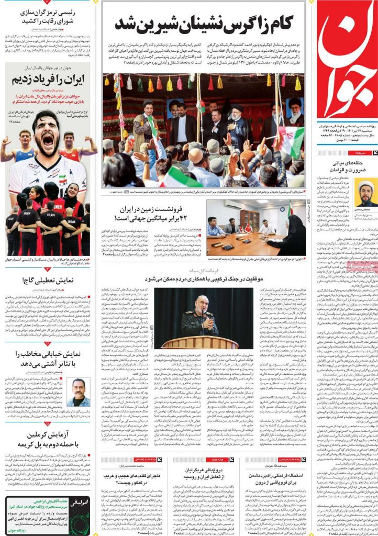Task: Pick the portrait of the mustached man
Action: pos(78,392)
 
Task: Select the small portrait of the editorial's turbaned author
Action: pos(365,193)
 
